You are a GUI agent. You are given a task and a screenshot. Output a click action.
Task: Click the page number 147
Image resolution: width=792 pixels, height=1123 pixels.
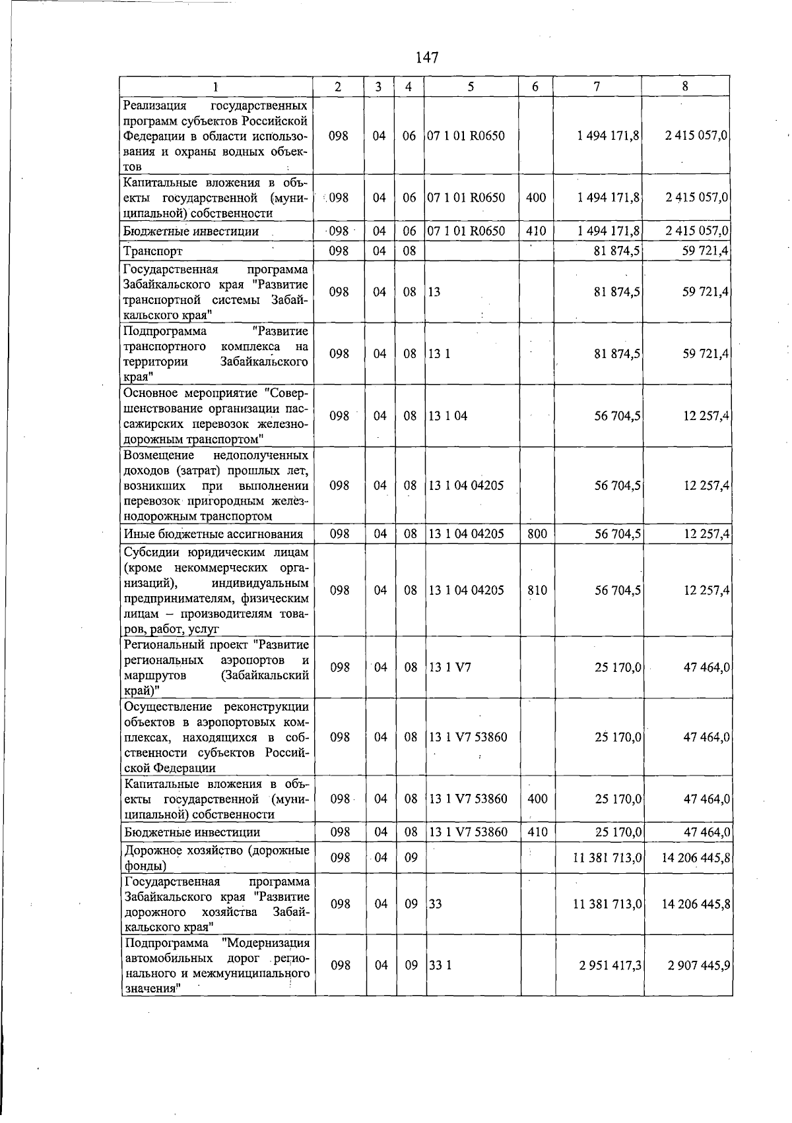427,58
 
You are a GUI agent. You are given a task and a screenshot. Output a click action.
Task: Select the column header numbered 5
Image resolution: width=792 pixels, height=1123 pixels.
471,86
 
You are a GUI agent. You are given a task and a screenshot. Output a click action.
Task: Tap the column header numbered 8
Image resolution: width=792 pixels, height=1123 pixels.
685,86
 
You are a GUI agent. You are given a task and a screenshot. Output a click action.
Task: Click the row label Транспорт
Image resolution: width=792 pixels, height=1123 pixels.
153,251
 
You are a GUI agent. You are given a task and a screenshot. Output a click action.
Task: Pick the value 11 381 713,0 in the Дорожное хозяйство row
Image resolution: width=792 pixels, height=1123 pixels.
608,858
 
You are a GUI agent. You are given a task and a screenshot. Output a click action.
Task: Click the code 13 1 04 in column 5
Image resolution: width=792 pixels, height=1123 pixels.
448,416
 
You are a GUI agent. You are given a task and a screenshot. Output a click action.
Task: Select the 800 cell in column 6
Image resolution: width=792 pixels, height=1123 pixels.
537,533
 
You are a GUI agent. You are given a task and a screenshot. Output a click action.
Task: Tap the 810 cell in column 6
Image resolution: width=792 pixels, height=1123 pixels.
537,590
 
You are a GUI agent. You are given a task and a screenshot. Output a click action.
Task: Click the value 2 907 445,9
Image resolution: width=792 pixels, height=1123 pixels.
698,965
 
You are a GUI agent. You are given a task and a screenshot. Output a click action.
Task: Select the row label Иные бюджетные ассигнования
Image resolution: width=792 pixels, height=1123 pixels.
213,534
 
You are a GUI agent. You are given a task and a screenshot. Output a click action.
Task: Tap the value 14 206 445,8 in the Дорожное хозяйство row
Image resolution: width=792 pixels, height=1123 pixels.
696,858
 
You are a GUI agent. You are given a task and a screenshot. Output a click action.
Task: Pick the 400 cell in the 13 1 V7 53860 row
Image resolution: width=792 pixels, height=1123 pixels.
537,799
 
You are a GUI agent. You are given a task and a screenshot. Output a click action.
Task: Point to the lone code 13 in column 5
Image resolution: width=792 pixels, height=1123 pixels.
434,292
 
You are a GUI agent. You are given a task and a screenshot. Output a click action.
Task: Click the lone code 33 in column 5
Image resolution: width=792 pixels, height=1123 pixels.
436,904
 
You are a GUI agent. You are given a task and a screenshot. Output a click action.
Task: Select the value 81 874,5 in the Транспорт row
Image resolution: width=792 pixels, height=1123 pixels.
617,251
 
